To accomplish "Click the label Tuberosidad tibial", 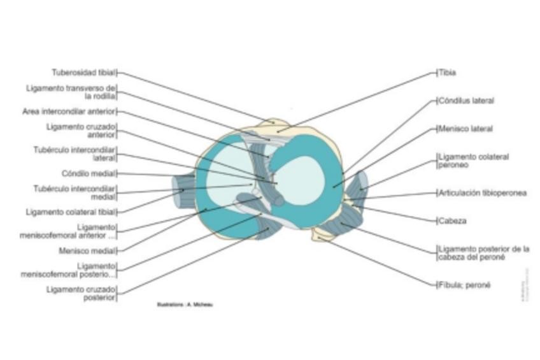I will point(83,73).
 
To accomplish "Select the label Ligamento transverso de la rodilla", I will point(71,92).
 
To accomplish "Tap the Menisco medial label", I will point(87,250).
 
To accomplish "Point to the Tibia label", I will point(447,73).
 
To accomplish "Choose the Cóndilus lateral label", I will point(466,101).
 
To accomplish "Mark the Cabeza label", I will point(452,221).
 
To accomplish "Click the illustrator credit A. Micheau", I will point(185,305).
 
